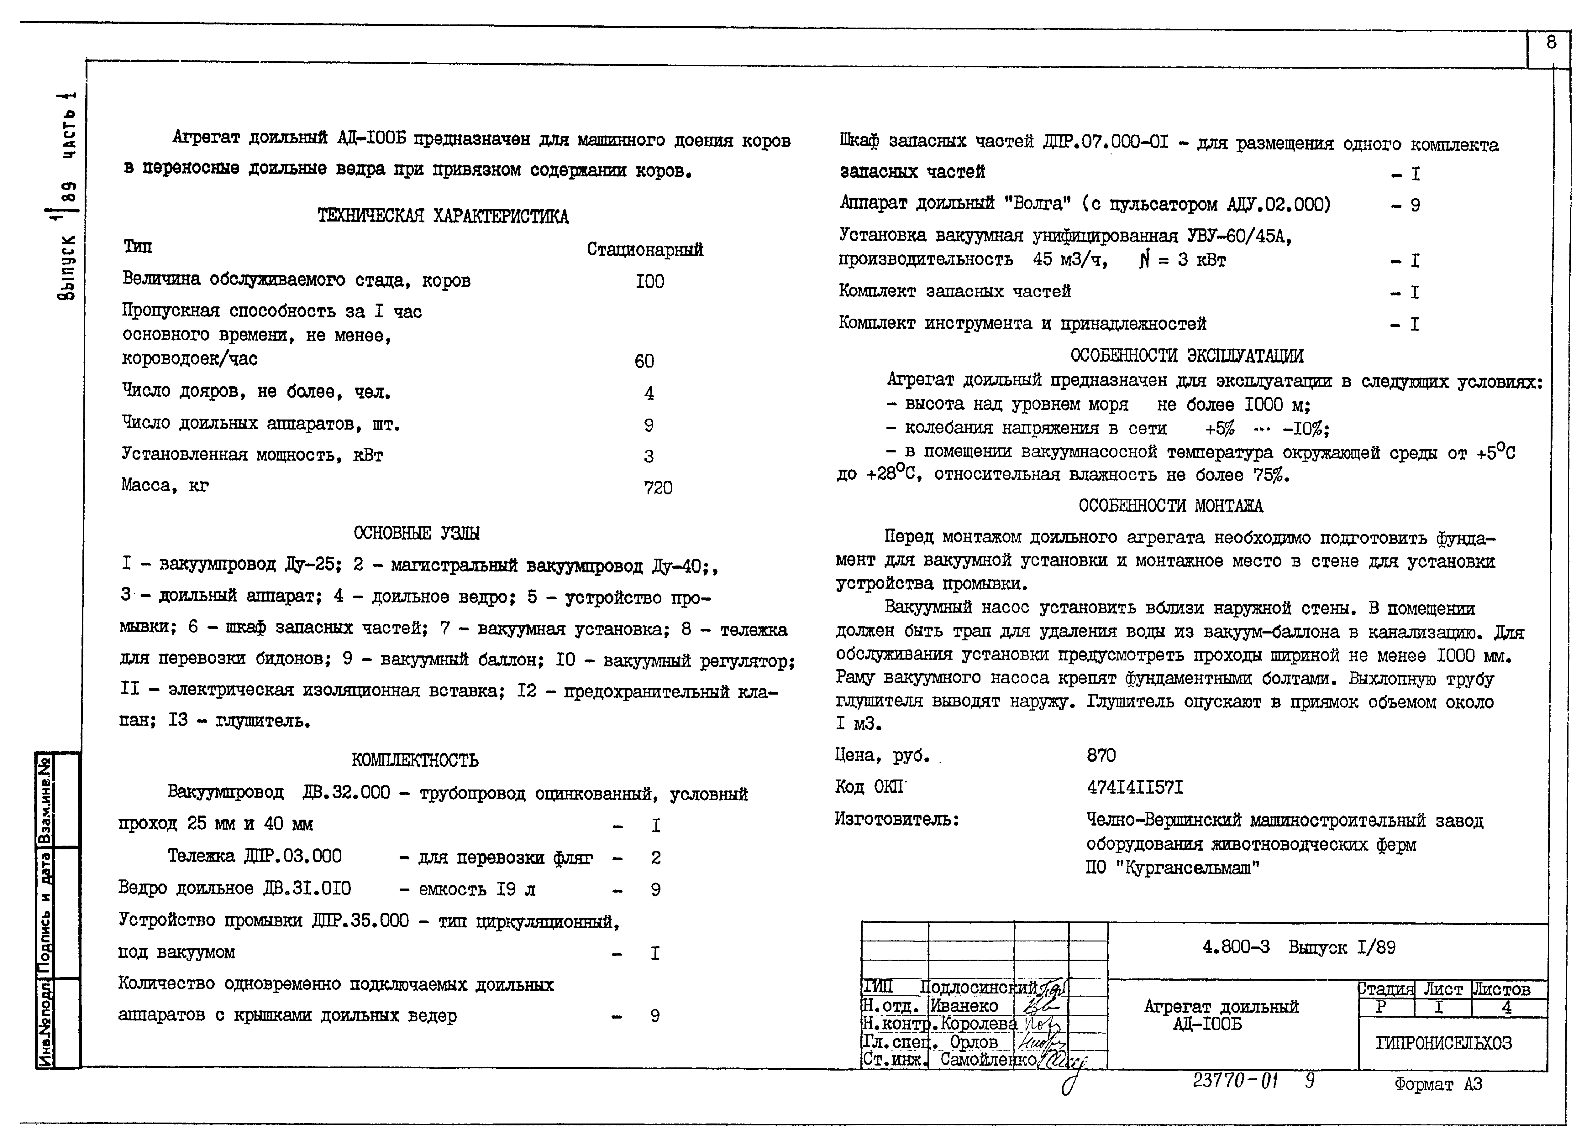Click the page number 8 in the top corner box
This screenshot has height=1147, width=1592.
pos(1551,44)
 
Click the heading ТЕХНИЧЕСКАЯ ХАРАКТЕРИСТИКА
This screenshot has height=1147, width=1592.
pos(443,216)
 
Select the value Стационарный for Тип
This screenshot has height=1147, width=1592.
pos(644,250)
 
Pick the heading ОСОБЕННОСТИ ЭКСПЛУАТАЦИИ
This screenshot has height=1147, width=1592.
pos(1186,356)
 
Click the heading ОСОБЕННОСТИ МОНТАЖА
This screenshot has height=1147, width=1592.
pos(1170,506)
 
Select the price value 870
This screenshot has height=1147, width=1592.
pos(1101,756)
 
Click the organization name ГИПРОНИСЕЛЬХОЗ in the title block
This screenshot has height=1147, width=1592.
pos(1453,1043)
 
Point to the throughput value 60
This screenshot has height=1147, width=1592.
pos(644,361)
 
